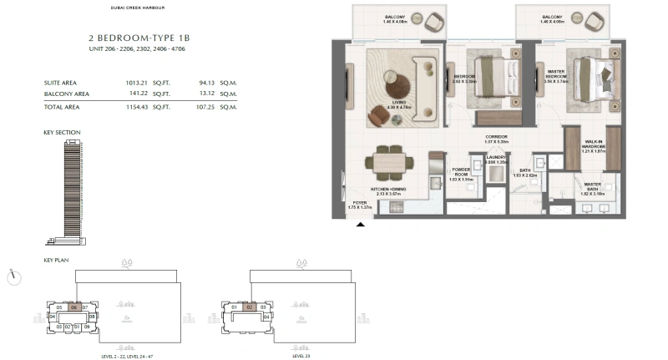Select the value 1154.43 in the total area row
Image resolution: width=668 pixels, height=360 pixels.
(134, 108)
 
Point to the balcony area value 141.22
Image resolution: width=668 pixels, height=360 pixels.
(134, 94)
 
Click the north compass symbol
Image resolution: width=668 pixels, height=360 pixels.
(13, 275)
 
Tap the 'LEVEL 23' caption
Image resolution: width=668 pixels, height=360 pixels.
(301, 355)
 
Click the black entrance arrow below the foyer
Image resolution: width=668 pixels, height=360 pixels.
(361, 224)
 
